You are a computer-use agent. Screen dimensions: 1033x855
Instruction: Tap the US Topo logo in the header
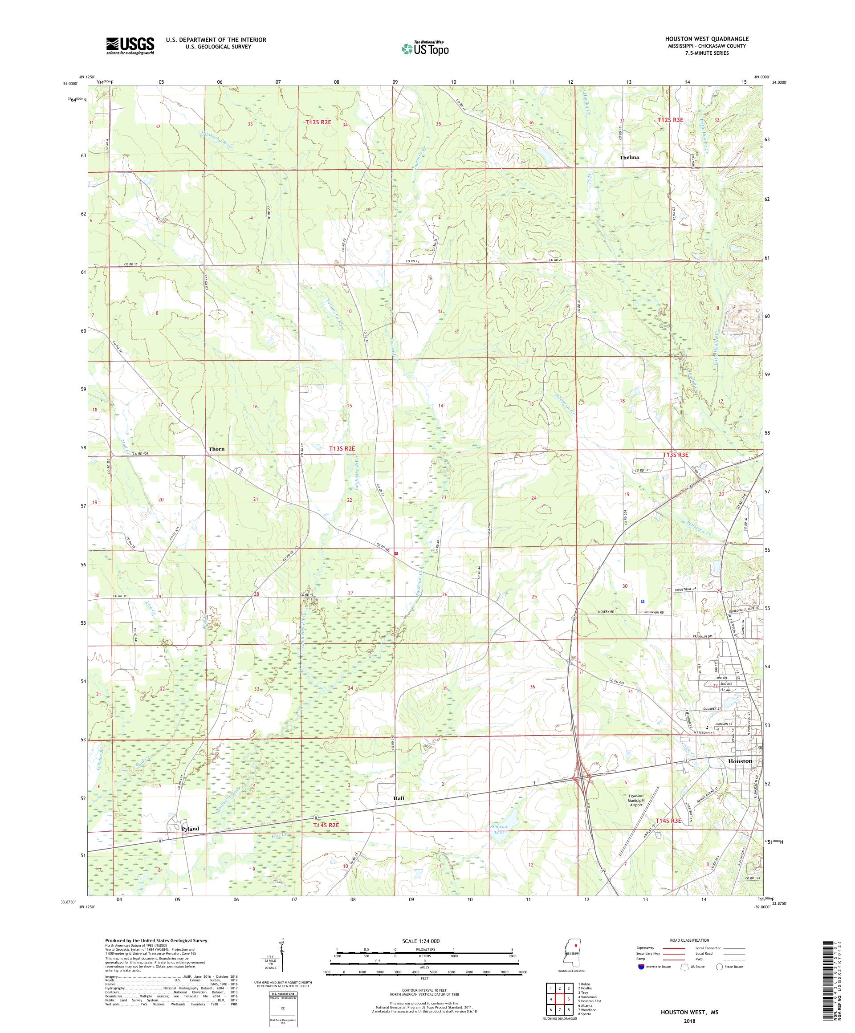pos(426,48)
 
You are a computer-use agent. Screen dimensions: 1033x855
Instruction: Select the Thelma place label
pos(629,158)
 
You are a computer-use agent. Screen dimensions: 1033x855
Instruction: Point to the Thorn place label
pos(216,449)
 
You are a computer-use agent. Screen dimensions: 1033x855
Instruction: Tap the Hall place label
pos(399,798)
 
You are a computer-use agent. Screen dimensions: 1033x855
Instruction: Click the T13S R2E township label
pos(342,449)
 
